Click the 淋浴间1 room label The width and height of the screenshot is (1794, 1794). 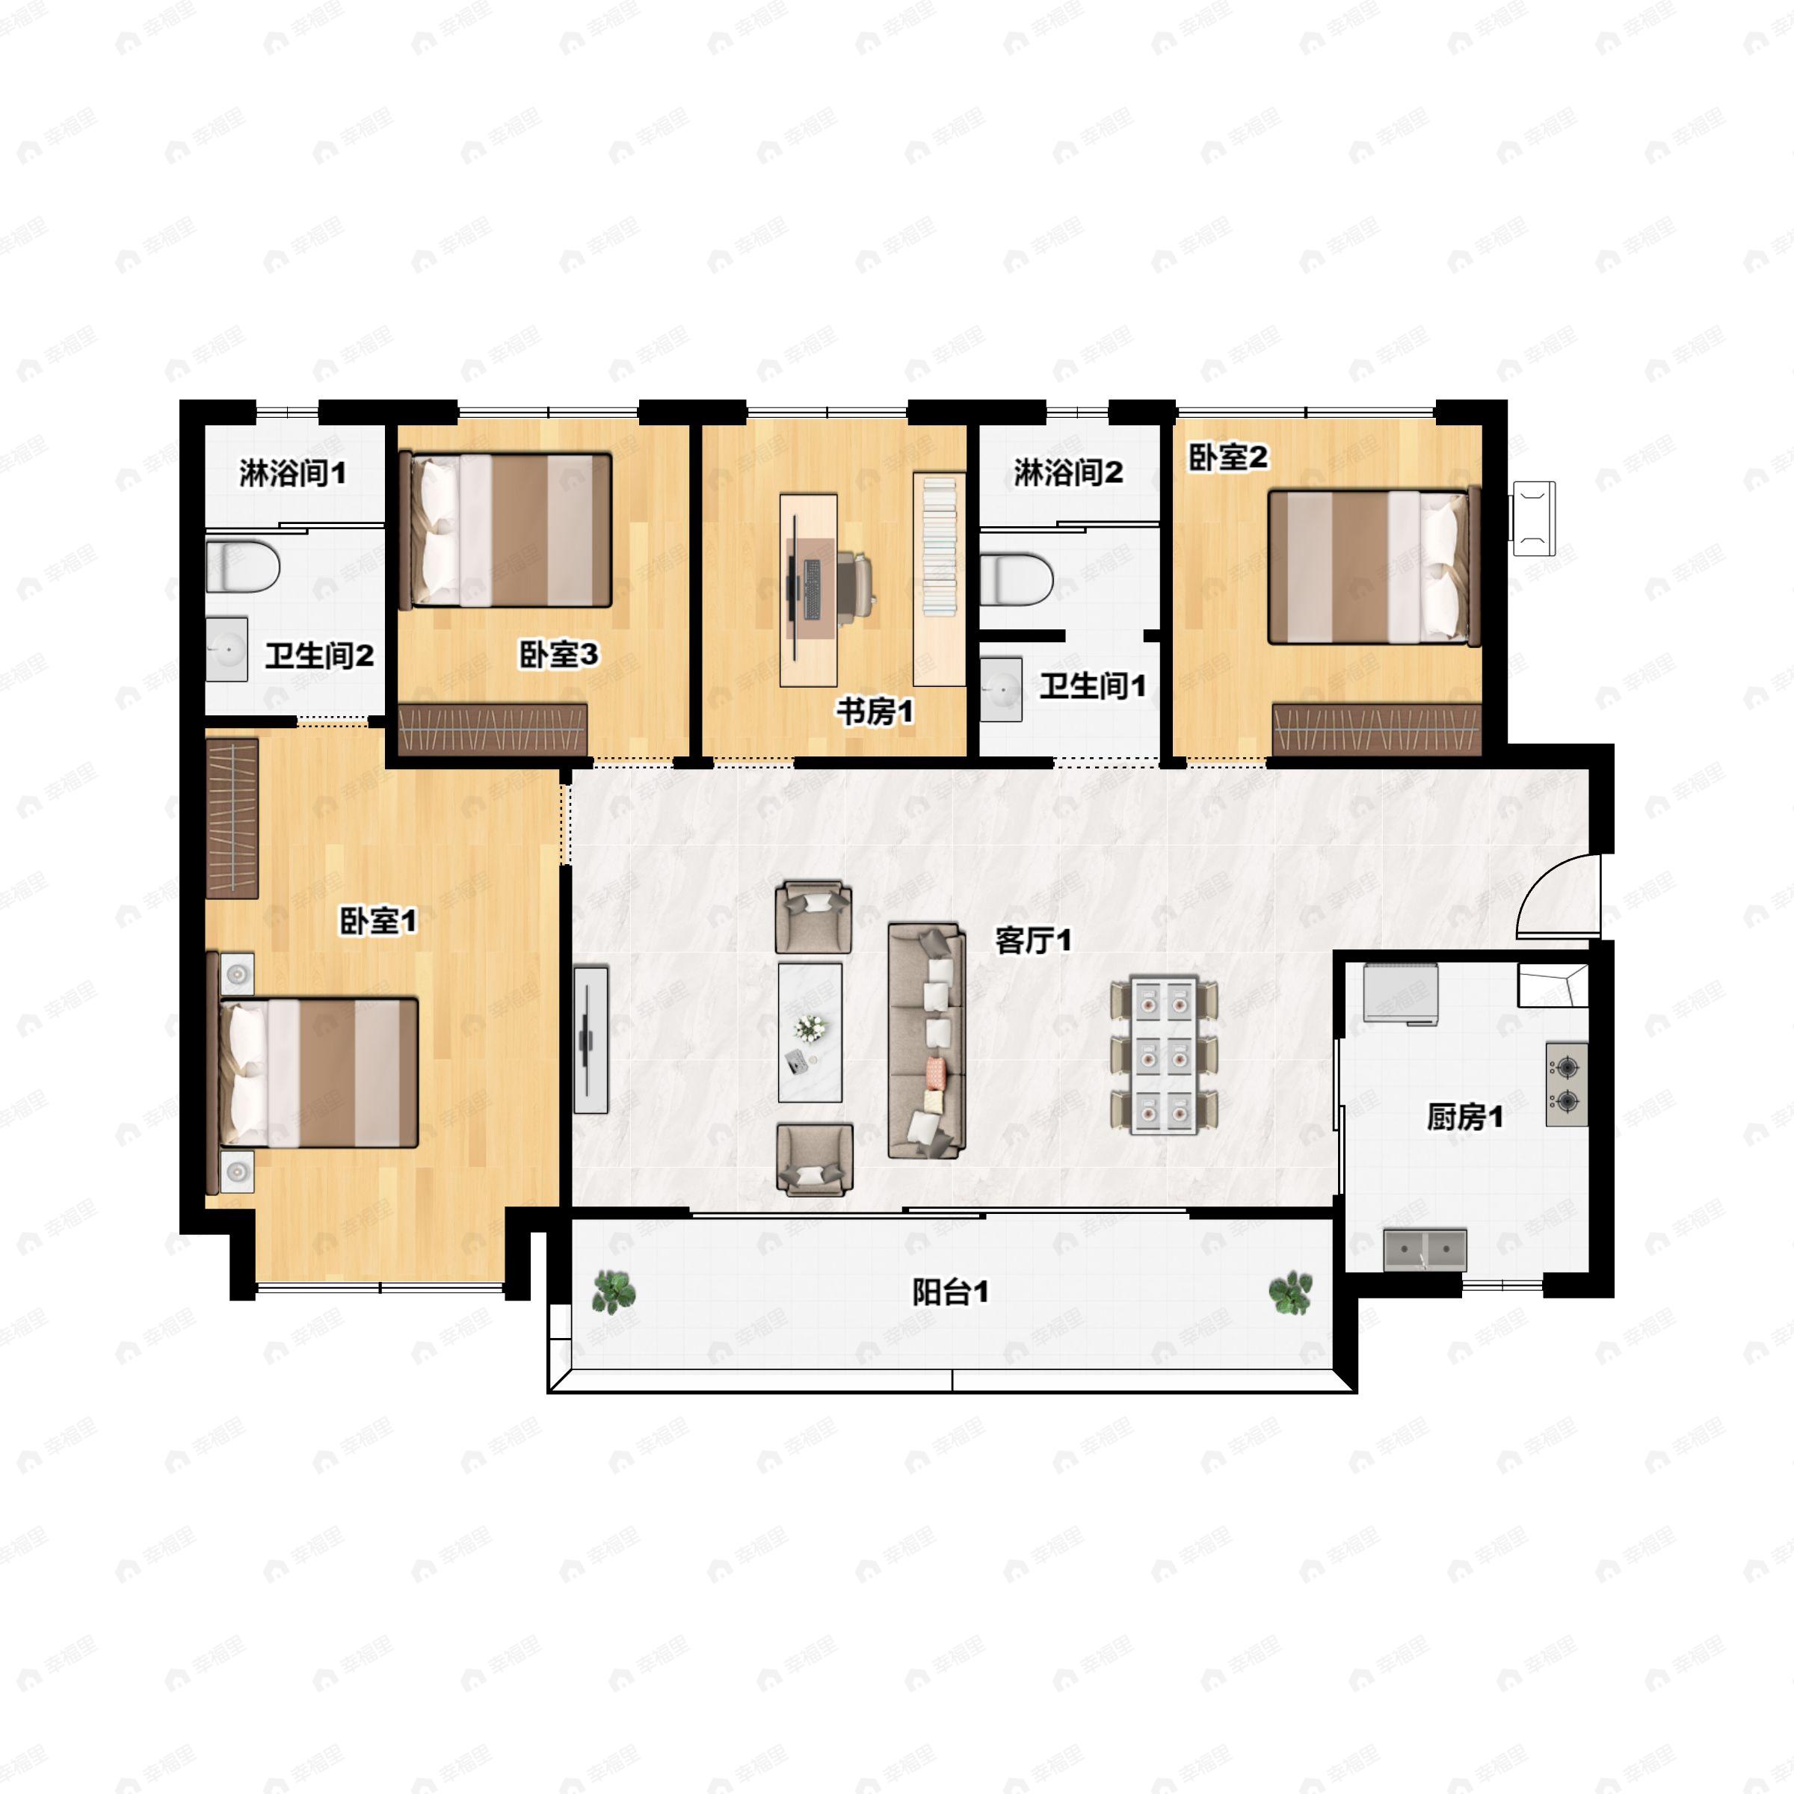[292, 474]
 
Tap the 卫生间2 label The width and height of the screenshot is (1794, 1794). [319, 656]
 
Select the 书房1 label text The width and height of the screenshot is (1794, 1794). [875, 712]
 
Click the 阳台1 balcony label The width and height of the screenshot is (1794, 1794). [950, 1292]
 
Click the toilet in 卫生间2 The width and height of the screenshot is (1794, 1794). [242, 568]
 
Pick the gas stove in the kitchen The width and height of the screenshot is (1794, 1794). [1565, 1084]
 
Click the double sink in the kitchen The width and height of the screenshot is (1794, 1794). [1425, 1250]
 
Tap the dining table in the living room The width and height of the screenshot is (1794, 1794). [1165, 1054]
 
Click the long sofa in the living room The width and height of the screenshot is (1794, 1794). [926, 1040]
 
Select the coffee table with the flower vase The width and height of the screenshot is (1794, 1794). [810, 1032]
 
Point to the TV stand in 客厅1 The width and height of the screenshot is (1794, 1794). [591, 1039]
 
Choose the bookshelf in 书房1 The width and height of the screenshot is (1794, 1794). [940, 579]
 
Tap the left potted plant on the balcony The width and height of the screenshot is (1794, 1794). [614, 1291]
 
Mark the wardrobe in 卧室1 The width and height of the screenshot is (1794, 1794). [231, 817]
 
